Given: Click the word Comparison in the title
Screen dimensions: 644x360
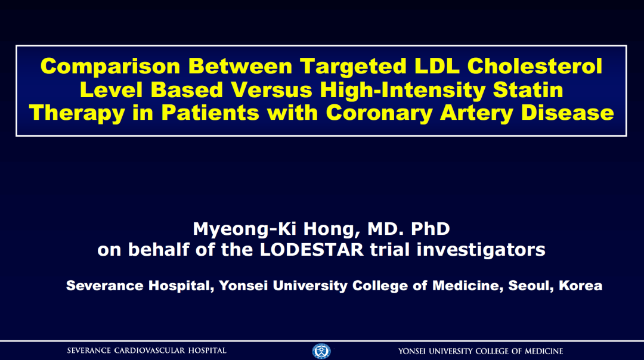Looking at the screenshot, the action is point(110,66).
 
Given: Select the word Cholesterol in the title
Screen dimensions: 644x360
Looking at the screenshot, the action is point(535,66).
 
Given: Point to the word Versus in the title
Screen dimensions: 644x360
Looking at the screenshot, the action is point(271,90).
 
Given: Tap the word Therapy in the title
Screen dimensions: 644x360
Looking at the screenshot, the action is point(77,113).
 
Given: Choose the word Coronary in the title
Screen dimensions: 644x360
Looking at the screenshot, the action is point(379,113).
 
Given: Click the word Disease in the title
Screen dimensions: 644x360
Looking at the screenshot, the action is point(568,113).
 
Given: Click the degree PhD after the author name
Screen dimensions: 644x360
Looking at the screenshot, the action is point(430,229).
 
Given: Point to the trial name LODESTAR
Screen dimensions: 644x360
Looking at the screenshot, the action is point(312,250).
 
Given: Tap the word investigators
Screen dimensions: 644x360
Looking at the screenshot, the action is point(481,250).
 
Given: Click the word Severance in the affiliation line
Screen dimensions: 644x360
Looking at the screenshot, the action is point(105,285).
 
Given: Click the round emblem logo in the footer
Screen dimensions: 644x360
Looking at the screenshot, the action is point(321,351).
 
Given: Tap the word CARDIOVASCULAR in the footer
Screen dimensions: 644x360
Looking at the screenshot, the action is point(150,350).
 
